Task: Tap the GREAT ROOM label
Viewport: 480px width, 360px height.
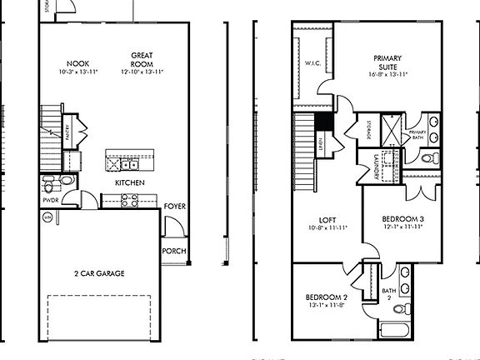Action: point(142,60)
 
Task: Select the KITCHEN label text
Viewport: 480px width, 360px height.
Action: point(129,182)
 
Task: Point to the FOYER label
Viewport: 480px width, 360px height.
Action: point(174,206)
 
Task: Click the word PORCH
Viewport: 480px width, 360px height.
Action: point(174,251)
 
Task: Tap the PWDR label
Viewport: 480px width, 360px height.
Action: point(49,200)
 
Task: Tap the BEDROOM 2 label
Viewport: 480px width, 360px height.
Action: point(326,297)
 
